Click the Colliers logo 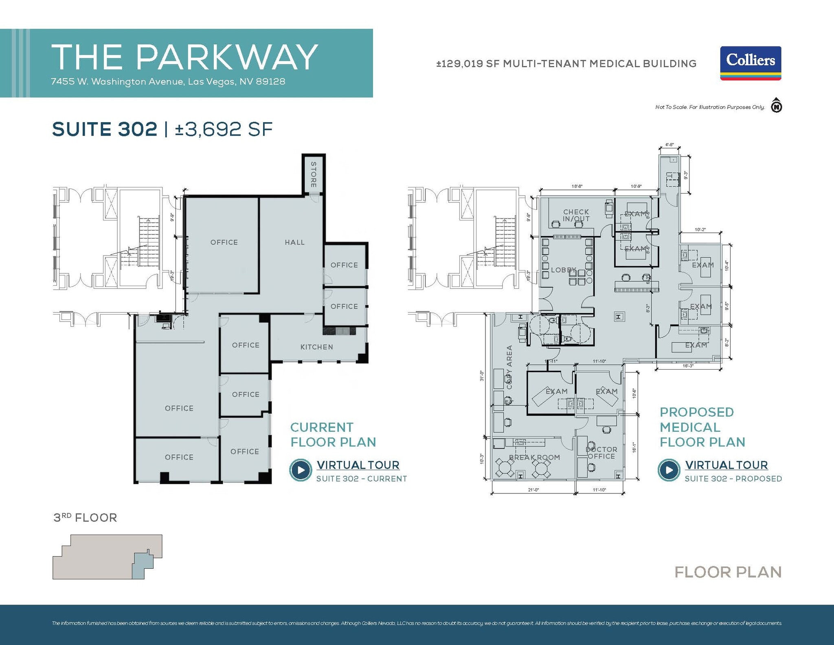pos(750,63)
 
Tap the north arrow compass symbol pos(776,106)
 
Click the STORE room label pos(313,174)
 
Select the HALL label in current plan pos(294,242)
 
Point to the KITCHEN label pos(316,347)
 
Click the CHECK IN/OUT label pos(576,215)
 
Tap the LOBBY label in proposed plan pos(563,270)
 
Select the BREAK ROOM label pos(534,457)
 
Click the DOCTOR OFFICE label pos(601,453)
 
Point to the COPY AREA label pos(509,367)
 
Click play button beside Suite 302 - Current pos(301,470)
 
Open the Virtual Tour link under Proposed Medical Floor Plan pos(726,465)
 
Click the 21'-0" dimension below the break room pos(533,490)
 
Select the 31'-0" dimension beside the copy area pos(482,375)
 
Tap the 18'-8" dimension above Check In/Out pos(577,186)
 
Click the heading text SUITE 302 pos(105,129)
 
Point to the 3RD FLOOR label pos(85,517)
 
